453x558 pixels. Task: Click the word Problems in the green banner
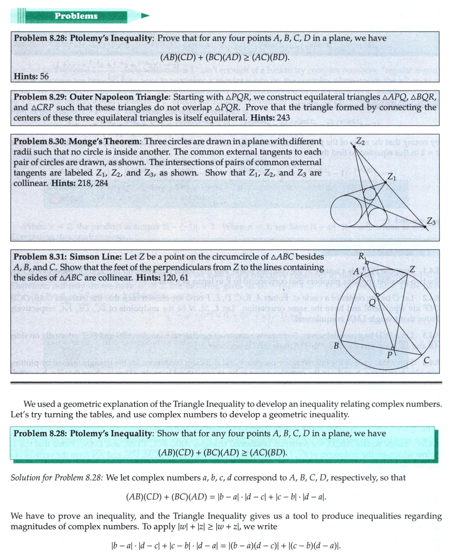76,16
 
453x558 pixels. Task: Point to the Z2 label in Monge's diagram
360,141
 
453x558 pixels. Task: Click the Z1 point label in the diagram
393,176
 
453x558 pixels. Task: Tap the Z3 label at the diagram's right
431,220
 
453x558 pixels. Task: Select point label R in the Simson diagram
361,258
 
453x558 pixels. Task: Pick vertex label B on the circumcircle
336,346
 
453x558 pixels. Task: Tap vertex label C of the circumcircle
426,361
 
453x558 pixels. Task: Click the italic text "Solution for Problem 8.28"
57,478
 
